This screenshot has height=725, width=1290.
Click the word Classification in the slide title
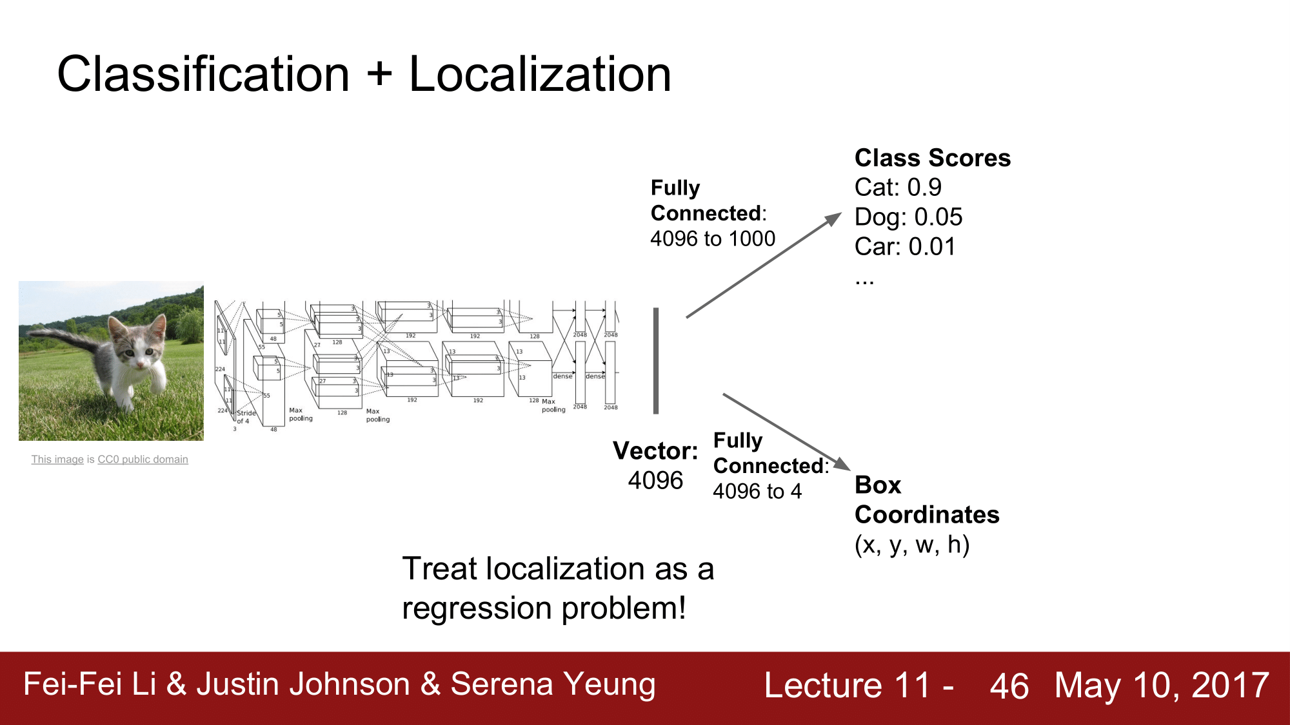[203, 74]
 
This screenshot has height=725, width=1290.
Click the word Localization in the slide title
[540, 74]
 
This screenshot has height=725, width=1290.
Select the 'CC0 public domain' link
[143, 459]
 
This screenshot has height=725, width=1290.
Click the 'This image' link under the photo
[57, 459]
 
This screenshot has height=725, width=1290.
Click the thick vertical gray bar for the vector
[656, 361]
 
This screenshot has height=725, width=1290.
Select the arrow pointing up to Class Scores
[764, 265]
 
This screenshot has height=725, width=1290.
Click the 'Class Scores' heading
[932, 158]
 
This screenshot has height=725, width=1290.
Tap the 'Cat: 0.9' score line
[898, 188]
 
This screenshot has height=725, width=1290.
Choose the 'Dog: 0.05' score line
[908, 217]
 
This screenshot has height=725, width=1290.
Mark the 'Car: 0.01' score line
[905, 247]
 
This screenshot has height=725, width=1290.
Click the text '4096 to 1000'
[713, 239]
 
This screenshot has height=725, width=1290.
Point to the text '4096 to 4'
[757, 492]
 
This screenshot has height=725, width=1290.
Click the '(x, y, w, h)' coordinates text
[912, 545]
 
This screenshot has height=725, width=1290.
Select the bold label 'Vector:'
[655, 451]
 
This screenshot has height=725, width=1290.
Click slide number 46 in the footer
[1009, 686]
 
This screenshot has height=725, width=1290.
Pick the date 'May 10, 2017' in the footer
[1162, 685]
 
